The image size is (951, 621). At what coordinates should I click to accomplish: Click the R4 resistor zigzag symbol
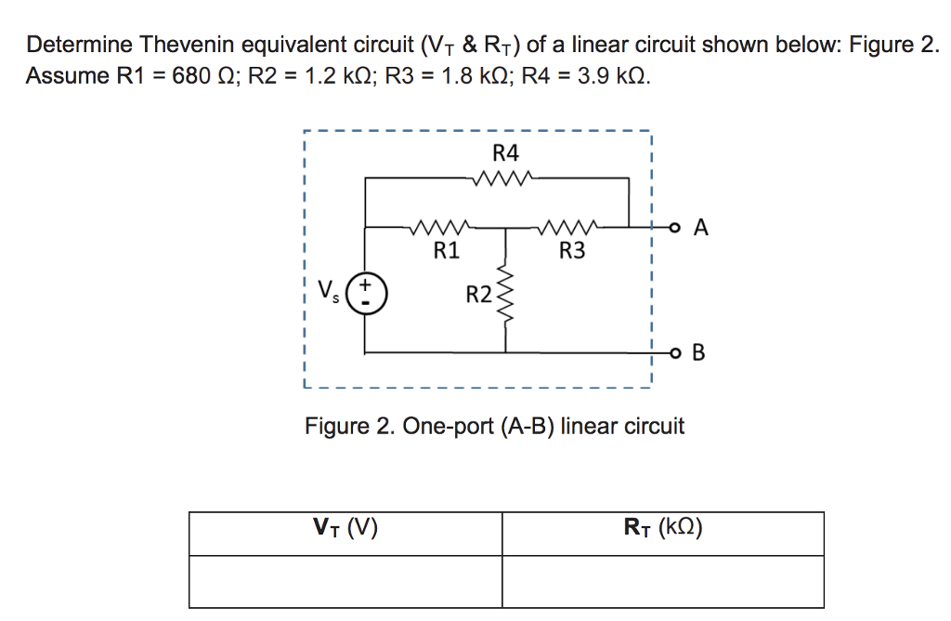(x=502, y=178)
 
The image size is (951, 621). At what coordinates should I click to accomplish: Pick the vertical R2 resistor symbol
(x=505, y=294)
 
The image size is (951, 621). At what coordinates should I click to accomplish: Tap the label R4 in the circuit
(x=506, y=152)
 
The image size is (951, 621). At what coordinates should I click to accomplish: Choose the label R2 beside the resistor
(x=479, y=296)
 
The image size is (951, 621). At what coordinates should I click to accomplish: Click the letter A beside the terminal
(x=701, y=227)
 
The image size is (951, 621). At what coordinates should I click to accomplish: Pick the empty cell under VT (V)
(x=345, y=581)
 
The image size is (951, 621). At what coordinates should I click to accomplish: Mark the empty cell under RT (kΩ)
(x=663, y=581)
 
